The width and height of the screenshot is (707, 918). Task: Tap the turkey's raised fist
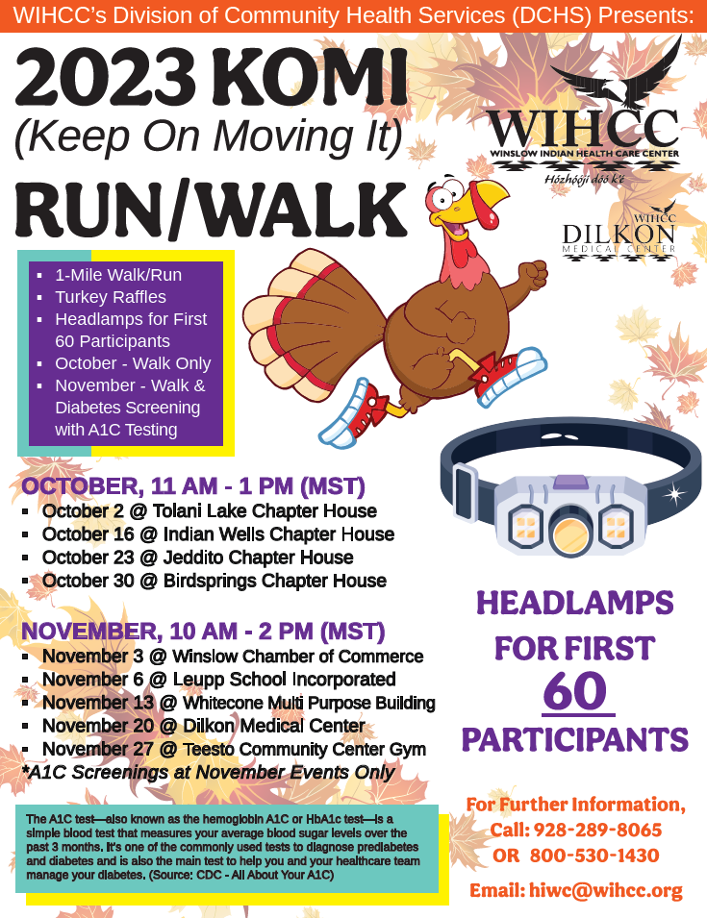click(533, 275)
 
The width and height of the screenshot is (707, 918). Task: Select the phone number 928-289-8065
click(597, 830)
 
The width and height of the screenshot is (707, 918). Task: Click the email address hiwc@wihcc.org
click(606, 890)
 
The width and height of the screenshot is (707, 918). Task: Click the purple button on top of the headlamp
click(570, 482)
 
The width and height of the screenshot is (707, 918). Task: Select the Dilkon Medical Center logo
click(619, 233)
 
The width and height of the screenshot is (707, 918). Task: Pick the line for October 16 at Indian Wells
click(218, 533)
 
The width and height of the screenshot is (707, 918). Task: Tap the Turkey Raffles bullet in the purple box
click(110, 297)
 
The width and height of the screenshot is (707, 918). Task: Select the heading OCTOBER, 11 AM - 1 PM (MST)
click(193, 486)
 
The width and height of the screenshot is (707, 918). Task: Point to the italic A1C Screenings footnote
click(208, 772)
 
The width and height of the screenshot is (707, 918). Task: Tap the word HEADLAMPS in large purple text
click(574, 603)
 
